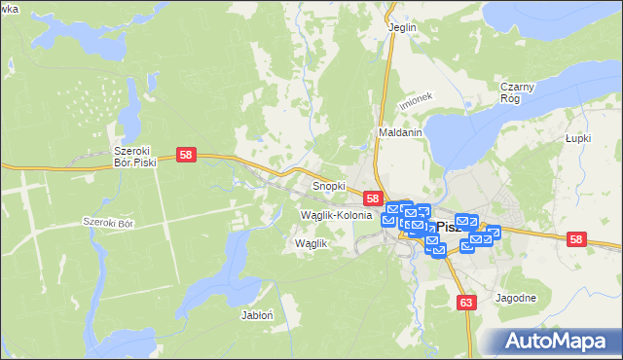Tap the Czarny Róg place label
click(517, 92)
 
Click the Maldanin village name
click(400, 132)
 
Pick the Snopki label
click(328, 185)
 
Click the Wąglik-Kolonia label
click(337, 214)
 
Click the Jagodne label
click(515, 298)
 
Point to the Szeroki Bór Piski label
click(134, 157)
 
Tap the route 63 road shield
click(467, 304)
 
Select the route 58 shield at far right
click(576, 238)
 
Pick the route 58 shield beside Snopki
click(372, 198)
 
